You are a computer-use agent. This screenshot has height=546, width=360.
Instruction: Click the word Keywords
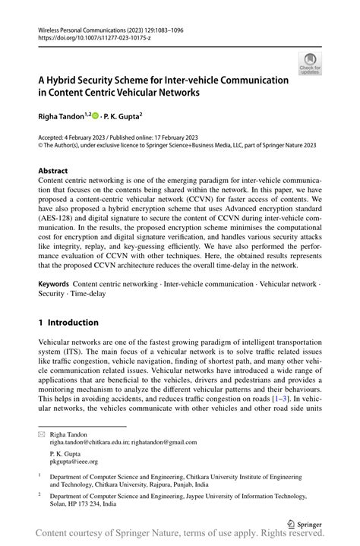pos(55,283)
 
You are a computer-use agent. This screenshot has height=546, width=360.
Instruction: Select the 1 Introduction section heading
pos(74,322)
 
